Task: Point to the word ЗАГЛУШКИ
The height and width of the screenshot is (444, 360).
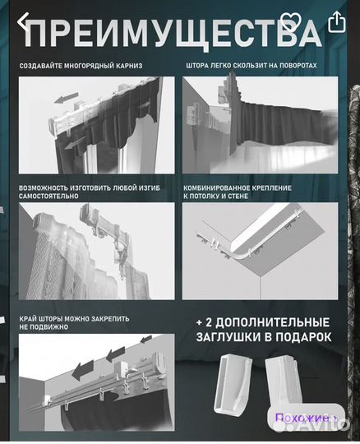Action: pos(228,337)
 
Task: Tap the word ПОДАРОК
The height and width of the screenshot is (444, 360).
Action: pos(303,337)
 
